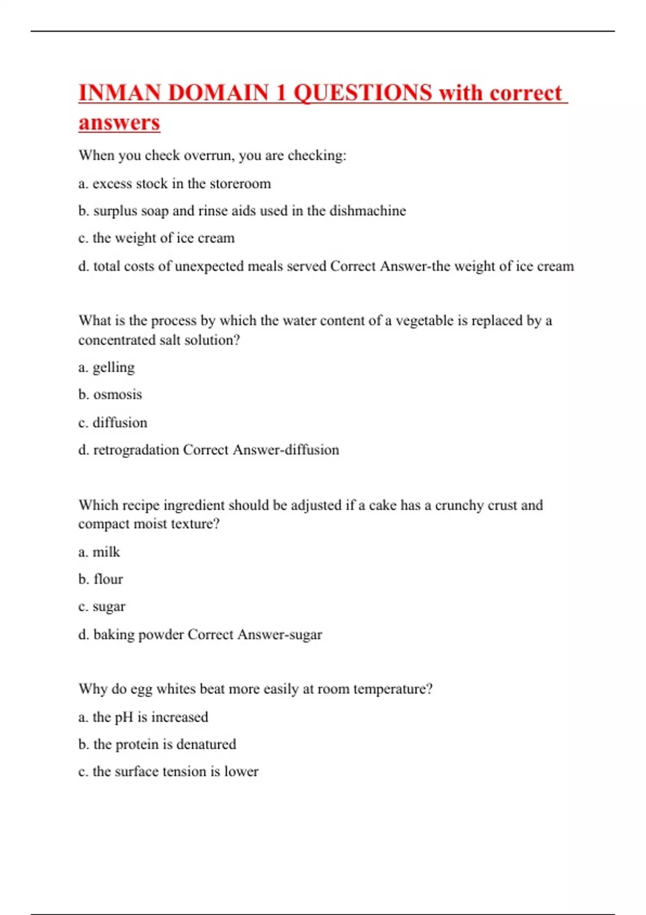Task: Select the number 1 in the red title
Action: tap(280, 93)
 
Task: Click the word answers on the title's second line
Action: tap(119, 123)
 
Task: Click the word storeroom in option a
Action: tap(240, 184)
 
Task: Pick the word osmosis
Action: tap(118, 395)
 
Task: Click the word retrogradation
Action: tap(136, 450)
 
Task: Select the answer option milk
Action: tap(107, 552)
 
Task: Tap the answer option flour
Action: tap(108, 579)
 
